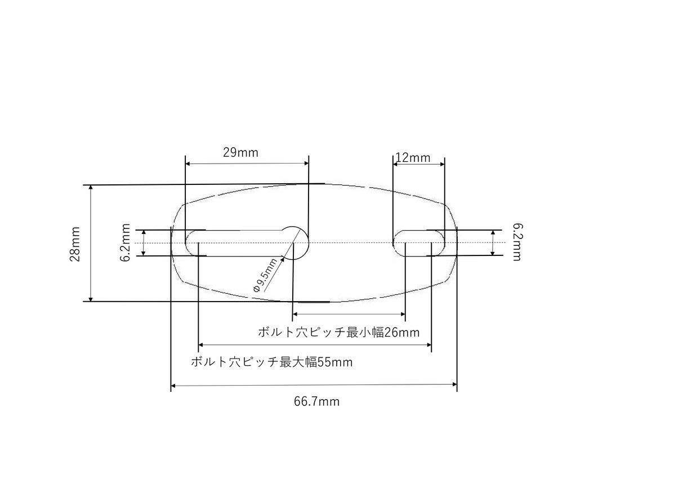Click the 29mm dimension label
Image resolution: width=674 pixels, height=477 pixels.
(240, 152)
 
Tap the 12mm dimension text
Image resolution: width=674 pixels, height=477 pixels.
(413, 157)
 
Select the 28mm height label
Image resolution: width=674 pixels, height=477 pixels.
(75, 244)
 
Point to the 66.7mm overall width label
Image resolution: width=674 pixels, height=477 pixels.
(317, 401)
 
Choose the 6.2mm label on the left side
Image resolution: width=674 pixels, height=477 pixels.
(125, 242)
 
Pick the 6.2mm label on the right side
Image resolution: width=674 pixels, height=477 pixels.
(517, 242)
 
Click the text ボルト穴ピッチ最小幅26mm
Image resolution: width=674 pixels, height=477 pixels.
(338, 332)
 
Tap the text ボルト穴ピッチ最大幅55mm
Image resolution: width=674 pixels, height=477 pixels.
(271, 362)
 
